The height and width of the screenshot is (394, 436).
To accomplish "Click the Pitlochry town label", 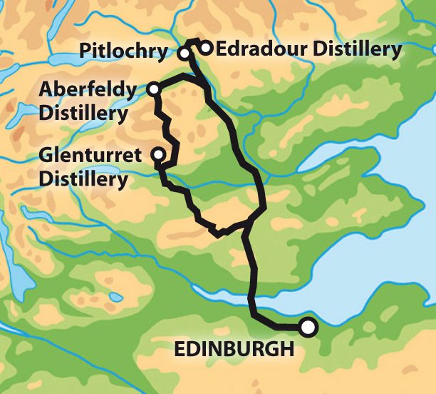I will point(123,52).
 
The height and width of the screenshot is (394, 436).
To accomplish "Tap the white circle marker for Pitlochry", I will point(184,54).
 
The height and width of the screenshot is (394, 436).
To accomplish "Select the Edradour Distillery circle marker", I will point(205,49).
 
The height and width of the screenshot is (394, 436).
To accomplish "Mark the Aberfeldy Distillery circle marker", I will point(153,89).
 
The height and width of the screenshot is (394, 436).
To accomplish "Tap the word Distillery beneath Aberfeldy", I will point(83,112).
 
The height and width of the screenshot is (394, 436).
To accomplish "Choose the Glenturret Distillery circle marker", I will point(158,154).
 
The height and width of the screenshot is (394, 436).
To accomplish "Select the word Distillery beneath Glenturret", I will point(83,177).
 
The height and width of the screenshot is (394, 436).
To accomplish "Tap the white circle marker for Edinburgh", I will point(307,327).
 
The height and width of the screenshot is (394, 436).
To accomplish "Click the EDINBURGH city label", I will point(234,350).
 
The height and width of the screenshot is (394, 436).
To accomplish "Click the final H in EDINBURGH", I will point(286,350).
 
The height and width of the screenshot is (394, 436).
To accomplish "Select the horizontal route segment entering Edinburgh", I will point(281,327).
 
